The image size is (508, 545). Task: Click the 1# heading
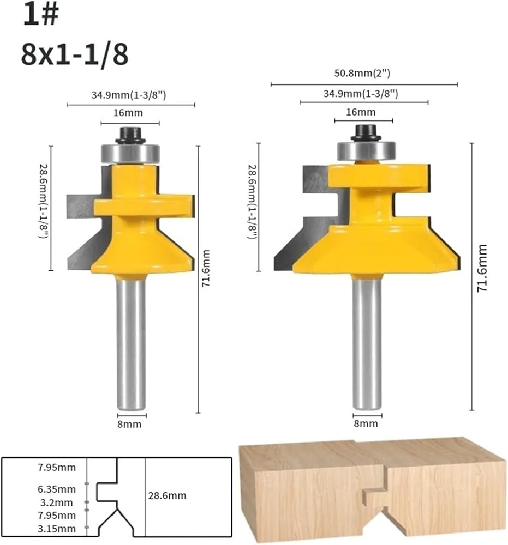click(x=41, y=15)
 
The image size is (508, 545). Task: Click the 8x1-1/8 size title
click(x=75, y=55)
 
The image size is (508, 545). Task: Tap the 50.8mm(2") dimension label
click(x=362, y=74)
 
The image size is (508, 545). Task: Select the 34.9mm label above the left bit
click(x=129, y=95)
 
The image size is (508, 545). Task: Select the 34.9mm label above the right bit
click(x=361, y=94)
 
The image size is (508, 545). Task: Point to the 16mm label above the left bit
click(x=128, y=113)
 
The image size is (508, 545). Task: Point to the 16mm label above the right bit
click(x=361, y=112)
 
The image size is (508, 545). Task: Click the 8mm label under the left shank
click(x=129, y=424)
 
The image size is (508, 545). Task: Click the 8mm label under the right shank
click(x=366, y=423)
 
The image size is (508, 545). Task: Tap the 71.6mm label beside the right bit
click(x=482, y=268)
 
